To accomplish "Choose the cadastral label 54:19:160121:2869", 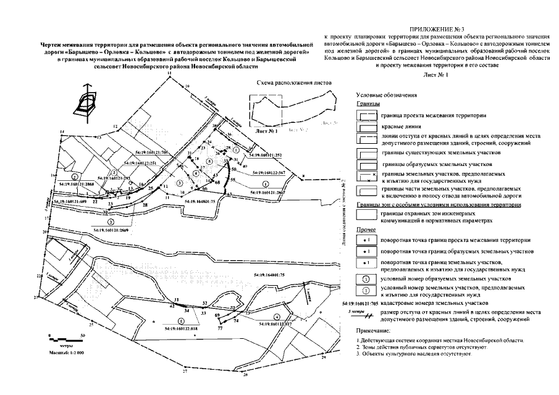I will pyautogui.click(x=116, y=229).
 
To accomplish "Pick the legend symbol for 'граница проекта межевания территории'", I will pyautogui.click(x=369, y=115).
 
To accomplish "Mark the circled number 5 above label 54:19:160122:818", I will pyautogui.click(x=181, y=321).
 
